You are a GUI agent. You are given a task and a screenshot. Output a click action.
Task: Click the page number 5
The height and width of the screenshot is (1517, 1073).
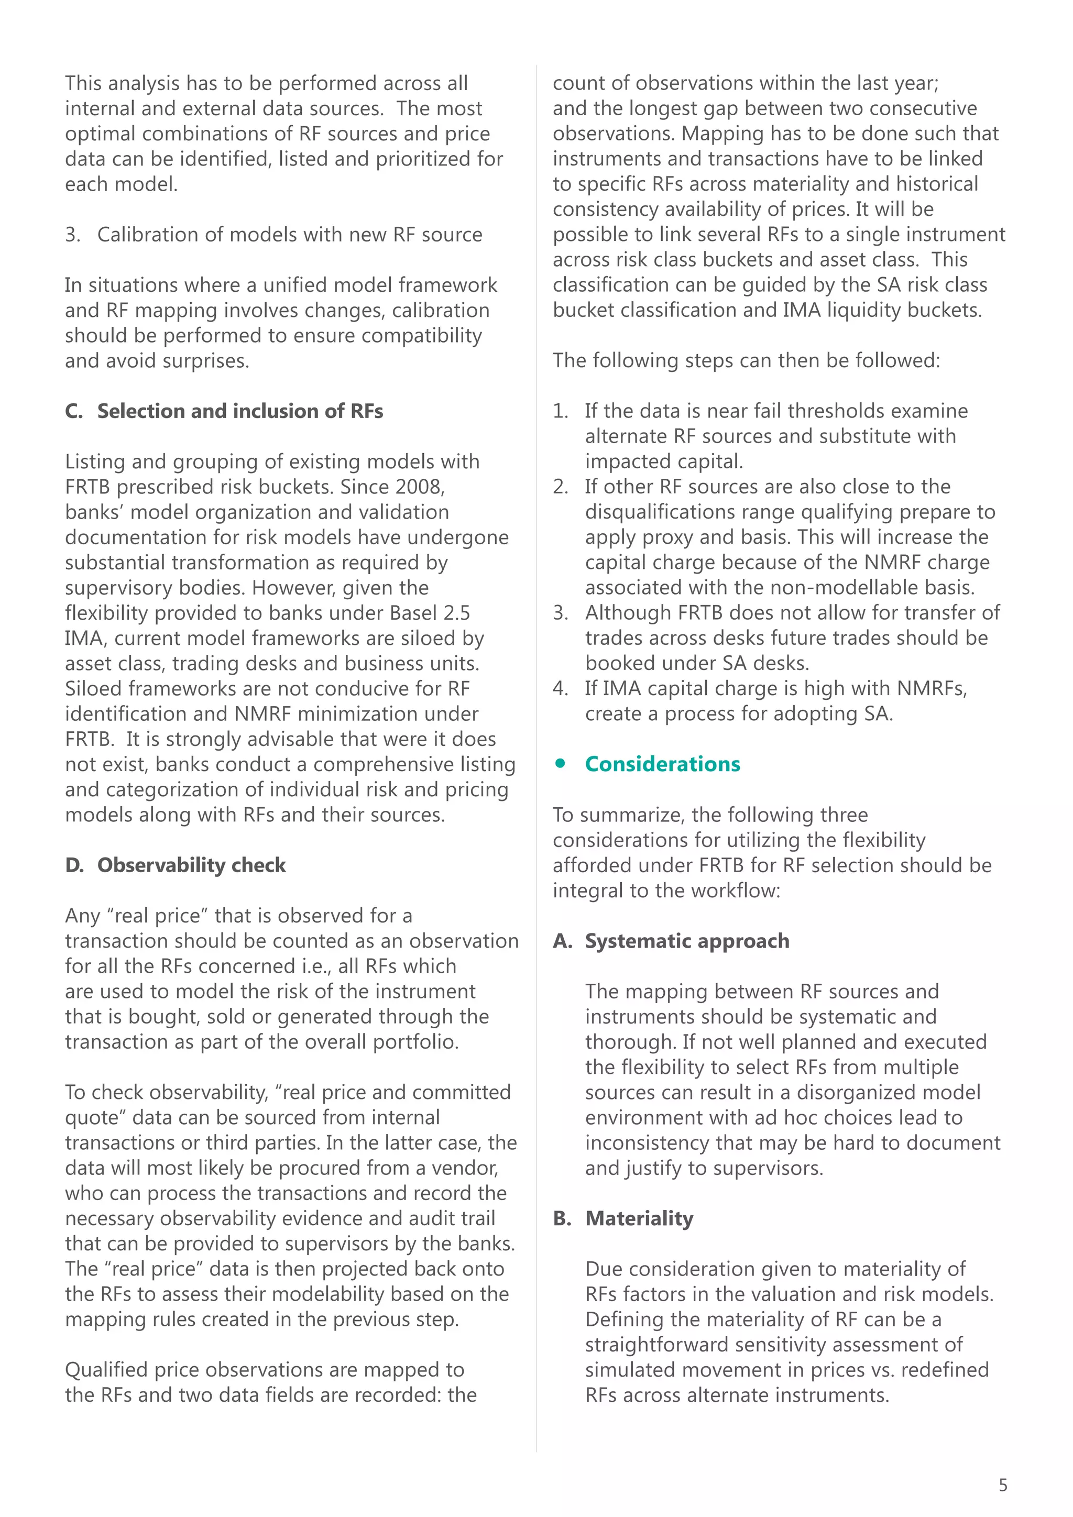coord(1003,1485)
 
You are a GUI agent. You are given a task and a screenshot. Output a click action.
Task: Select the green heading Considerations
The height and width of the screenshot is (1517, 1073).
coord(662,764)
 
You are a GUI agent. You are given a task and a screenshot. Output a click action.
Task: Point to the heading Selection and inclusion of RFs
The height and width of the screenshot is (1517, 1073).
coord(240,411)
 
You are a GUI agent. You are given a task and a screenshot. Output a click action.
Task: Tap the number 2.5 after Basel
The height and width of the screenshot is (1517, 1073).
coord(456,613)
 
